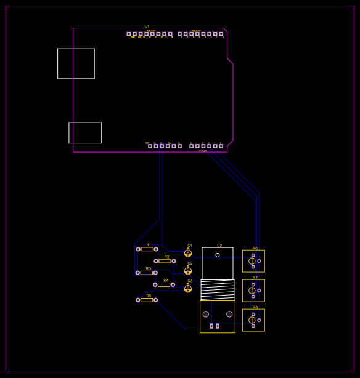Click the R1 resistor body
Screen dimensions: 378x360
click(x=147, y=249)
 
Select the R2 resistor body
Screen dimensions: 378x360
click(x=165, y=261)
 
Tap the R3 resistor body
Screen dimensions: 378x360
click(x=146, y=273)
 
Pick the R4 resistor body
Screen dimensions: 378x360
click(x=164, y=284)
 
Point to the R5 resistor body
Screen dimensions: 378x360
click(x=147, y=300)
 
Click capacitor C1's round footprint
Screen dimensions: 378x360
click(x=188, y=253)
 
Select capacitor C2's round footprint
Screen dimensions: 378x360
click(x=188, y=271)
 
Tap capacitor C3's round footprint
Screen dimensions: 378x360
click(x=188, y=288)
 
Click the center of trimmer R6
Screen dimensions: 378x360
click(x=253, y=261)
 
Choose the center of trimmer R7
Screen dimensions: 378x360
click(x=253, y=291)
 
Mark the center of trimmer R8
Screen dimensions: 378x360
click(x=253, y=320)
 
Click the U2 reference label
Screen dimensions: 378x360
click(x=219, y=246)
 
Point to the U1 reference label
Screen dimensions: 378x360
click(x=147, y=26)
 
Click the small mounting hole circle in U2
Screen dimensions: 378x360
click(x=218, y=255)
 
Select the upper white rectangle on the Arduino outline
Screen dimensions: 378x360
click(x=76, y=63)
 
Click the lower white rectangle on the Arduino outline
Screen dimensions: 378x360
click(x=85, y=133)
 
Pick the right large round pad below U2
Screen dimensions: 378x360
click(x=229, y=314)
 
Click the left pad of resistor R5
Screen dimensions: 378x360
click(x=138, y=300)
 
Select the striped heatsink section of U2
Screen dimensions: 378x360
click(x=218, y=289)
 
